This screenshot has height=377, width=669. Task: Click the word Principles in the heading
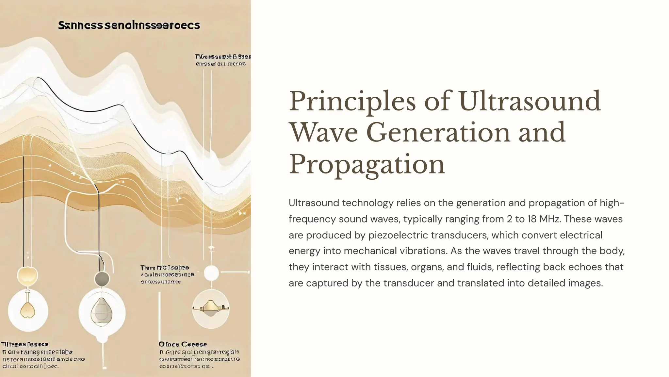[x=352, y=102]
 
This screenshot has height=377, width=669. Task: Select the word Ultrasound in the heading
[x=530, y=102]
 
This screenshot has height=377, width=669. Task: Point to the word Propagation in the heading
[x=367, y=164]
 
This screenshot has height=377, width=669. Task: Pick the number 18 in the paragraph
[x=531, y=219]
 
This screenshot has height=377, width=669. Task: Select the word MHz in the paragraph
[x=550, y=219]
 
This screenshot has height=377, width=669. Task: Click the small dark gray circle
[x=102, y=279]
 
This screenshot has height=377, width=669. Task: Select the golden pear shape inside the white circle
[x=27, y=310]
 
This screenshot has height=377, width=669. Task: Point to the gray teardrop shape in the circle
[x=102, y=311]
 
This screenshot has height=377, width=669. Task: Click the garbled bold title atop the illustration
[x=129, y=25]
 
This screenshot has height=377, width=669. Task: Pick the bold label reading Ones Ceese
[x=183, y=344]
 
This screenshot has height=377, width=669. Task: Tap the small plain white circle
[x=211, y=273]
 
